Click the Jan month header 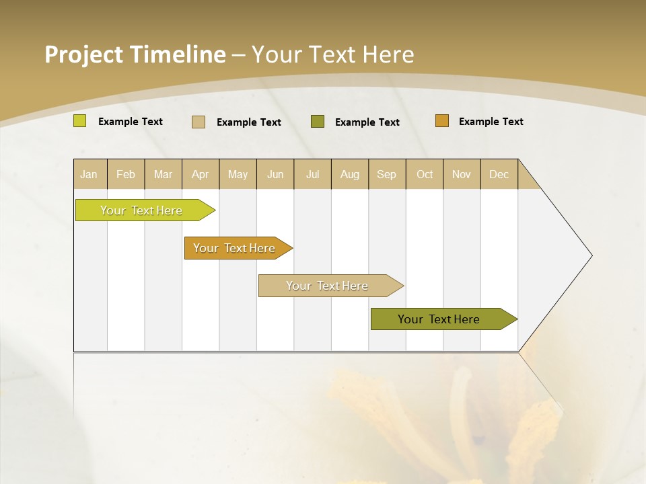click(89, 174)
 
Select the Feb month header click(126, 174)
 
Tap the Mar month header click(163, 174)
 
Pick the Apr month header click(201, 174)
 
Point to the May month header click(238, 174)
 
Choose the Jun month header click(275, 174)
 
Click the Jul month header click(312, 174)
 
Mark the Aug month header click(350, 174)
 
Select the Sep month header click(387, 174)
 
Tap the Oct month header click(425, 174)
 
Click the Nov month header click(462, 174)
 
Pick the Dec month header click(499, 174)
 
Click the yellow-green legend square click(80, 121)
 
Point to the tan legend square click(199, 122)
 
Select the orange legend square click(442, 121)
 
